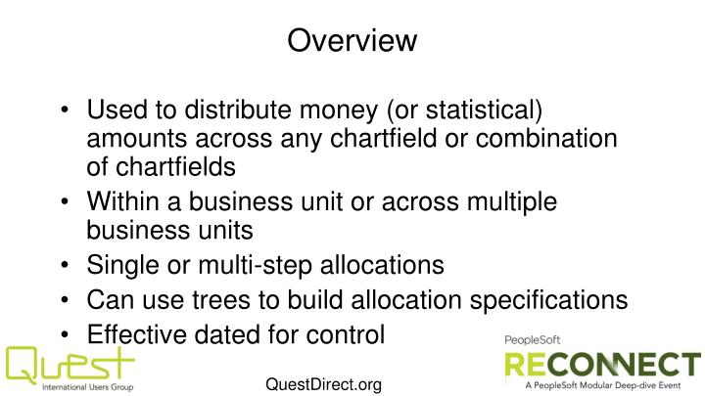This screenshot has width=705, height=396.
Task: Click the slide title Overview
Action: (x=352, y=40)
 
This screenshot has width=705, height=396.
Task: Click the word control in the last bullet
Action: (x=349, y=334)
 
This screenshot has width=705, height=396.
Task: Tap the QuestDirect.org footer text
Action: (x=323, y=384)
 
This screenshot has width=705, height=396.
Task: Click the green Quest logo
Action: (x=69, y=368)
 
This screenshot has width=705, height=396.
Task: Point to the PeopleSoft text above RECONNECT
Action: (x=534, y=338)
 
